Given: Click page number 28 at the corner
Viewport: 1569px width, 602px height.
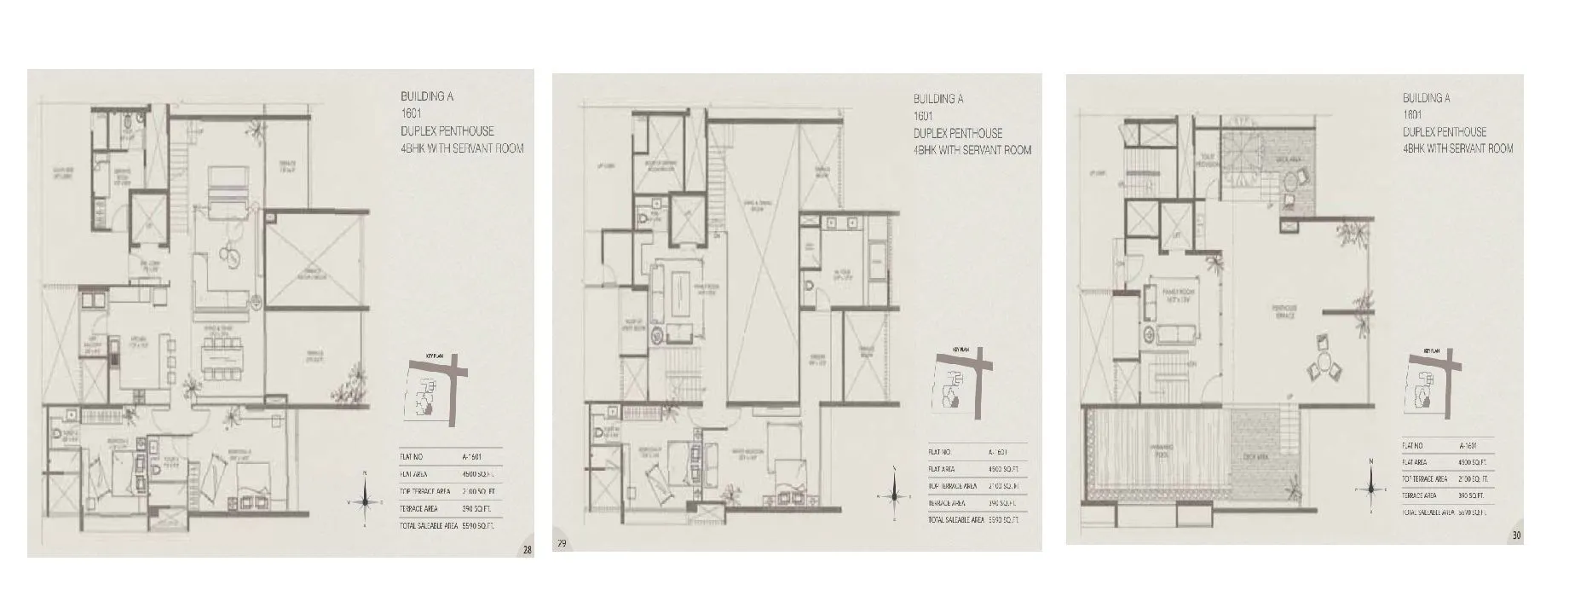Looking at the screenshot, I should click(x=528, y=550).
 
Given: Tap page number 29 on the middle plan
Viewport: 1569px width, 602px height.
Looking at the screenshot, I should click(x=562, y=542).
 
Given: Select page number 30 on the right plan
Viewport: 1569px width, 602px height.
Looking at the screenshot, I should click(x=1516, y=535).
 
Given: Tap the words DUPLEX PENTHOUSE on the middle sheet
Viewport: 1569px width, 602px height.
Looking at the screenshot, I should click(x=957, y=133).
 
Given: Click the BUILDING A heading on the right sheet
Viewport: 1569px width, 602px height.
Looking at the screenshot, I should click(x=1426, y=98).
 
